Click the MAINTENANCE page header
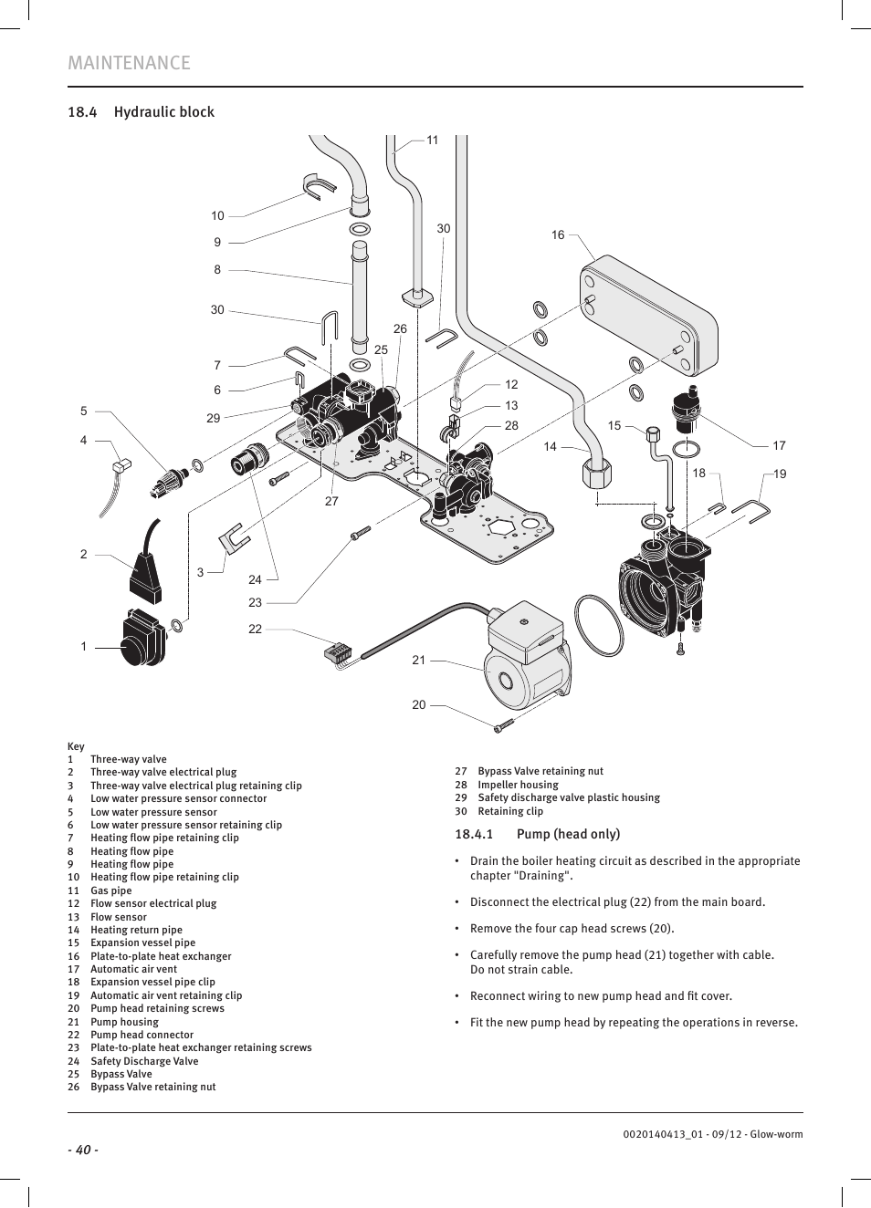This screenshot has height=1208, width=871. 129,63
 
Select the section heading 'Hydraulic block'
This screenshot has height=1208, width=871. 163,112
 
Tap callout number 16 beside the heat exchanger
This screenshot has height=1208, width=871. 558,235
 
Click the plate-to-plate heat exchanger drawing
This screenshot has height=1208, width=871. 649,315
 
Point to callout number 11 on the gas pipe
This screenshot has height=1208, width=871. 433,141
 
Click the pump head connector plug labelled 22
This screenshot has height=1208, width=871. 338,652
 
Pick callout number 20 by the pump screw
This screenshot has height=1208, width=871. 419,705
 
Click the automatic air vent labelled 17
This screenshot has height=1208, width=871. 686,411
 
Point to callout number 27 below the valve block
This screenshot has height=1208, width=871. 331,501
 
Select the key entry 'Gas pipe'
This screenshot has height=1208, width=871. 110,890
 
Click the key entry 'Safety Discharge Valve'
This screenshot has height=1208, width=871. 144,1061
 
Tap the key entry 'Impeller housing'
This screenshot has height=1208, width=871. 518,785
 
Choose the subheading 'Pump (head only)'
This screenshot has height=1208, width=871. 567,834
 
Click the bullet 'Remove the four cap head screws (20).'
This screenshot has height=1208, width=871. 572,929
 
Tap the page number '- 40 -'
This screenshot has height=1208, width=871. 82,1150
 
